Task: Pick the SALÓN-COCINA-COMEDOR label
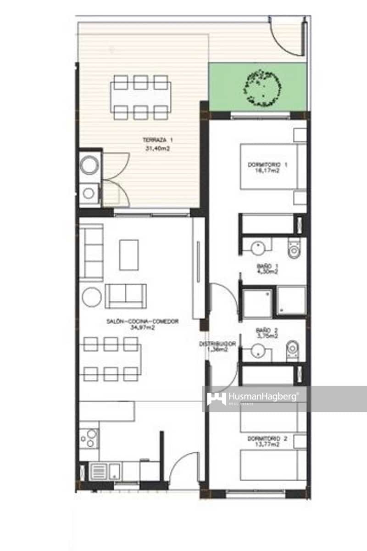click(142, 322)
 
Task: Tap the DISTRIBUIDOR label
click(217, 344)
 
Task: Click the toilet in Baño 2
click(293, 350)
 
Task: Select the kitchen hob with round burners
click(89, 438)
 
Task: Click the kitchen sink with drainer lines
click(106, 471)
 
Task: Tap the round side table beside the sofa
click(92, 297)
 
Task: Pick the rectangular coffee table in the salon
click(129, 255)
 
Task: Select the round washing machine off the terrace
click(89, 165)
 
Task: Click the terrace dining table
click(141, 97)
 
